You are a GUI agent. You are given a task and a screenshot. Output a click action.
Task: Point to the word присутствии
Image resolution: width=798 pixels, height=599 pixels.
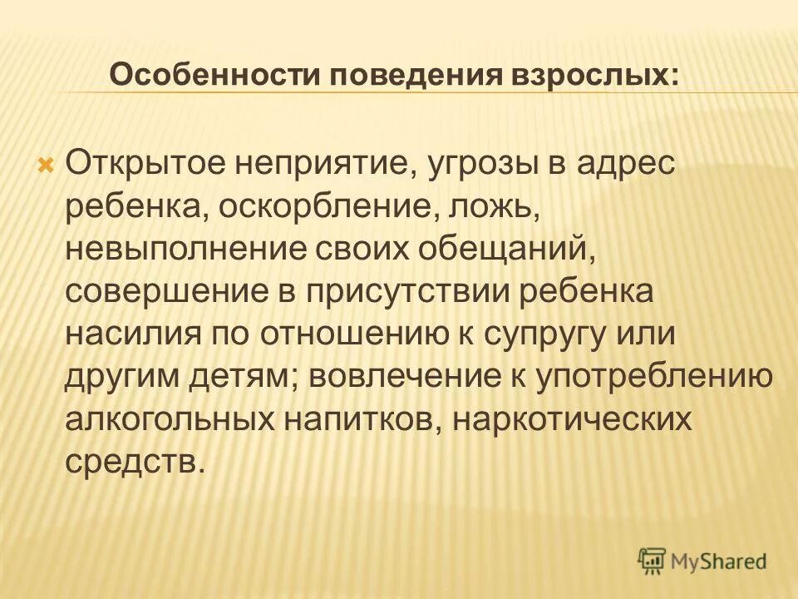pos(405,291)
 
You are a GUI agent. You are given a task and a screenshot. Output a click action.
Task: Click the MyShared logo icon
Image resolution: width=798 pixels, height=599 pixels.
pos(653,562)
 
